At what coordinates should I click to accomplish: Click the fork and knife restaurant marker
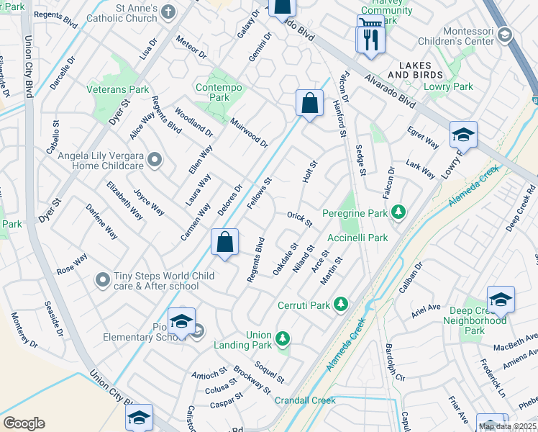[x=371, y=40]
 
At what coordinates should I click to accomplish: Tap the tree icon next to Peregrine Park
[x=398, y=212]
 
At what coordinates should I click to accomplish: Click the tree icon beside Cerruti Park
[x=342, y=305]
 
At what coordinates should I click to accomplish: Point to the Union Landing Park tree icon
[x=283, y=337]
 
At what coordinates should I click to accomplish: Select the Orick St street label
[x=299, y=219]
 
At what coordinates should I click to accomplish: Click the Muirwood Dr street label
[x=249, y=133]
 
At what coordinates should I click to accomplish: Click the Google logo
[x=24, y=423]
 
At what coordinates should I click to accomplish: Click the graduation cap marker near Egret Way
[x=463, y=135]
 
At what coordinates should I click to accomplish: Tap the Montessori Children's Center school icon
[x=505, y=35]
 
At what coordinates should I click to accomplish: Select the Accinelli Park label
[x=357, y=238]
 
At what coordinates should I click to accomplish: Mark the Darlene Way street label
[x=101, y=221]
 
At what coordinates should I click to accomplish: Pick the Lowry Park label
[x=453, y=86]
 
